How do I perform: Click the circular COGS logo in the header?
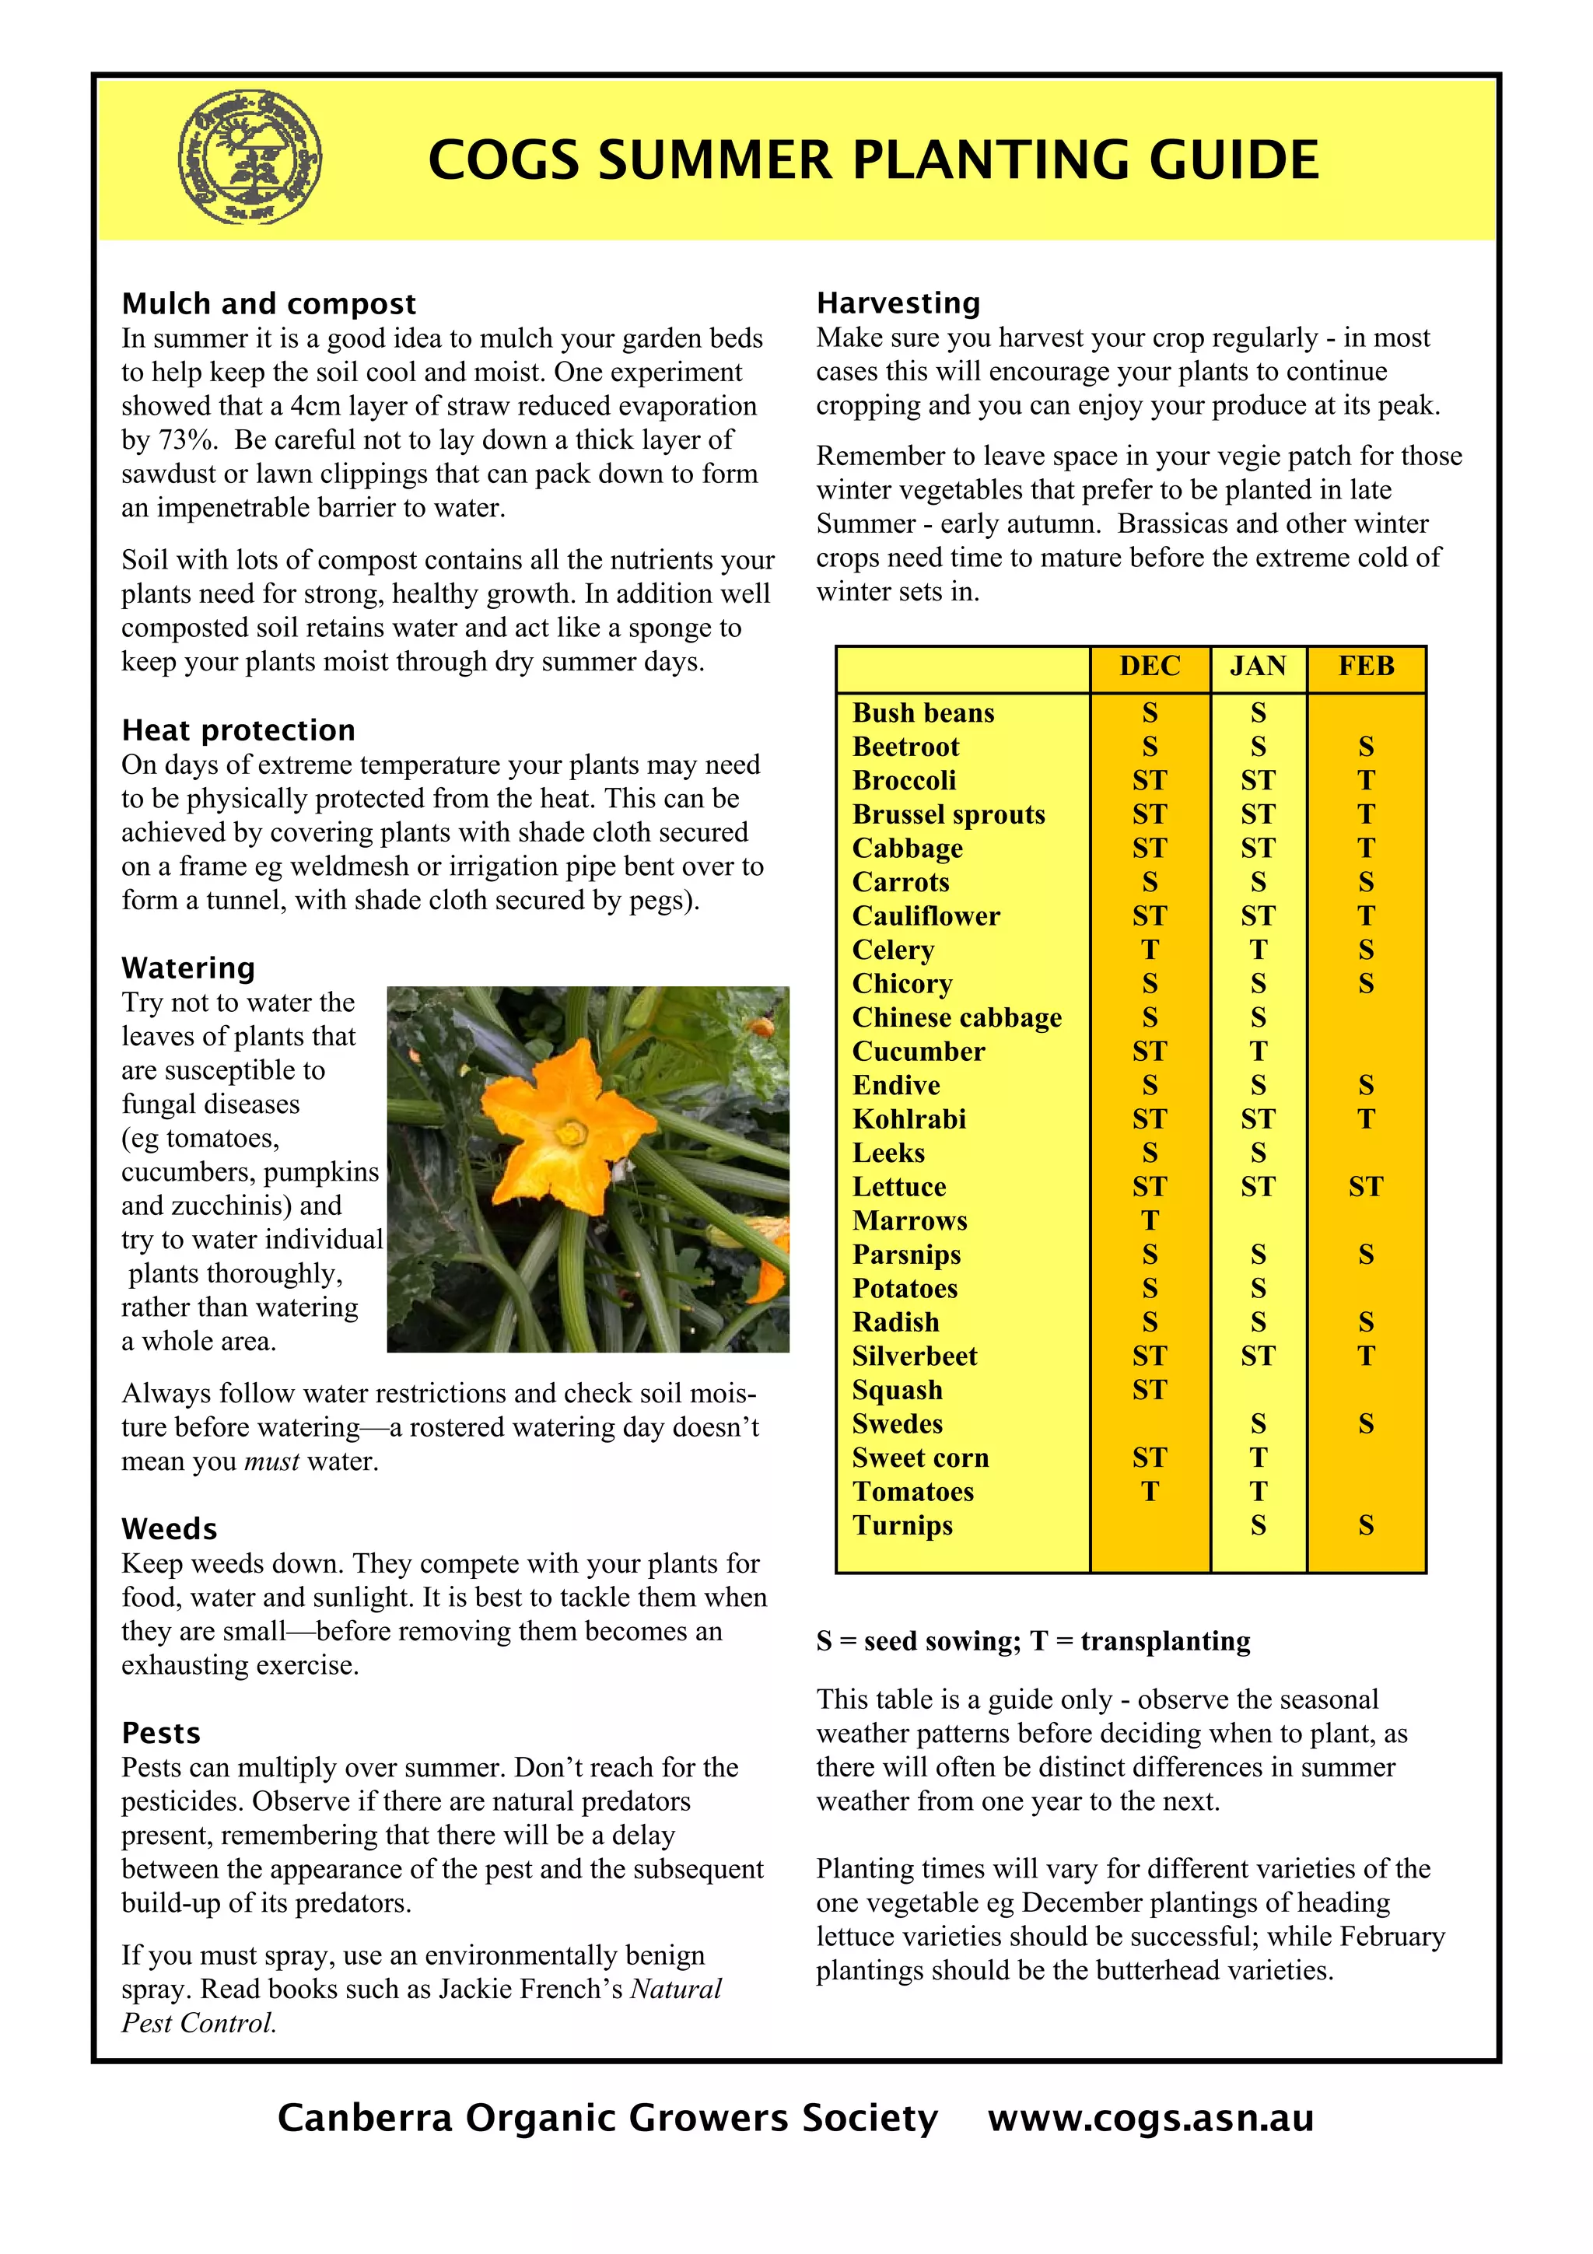(x=250, y=157)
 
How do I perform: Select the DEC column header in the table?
(x=1150, y=667)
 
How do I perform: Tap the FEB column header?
(x=1365, y=667)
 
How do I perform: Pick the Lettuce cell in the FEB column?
(x=1365, y=1187)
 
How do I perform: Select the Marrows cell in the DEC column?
(x=1150, y=1221)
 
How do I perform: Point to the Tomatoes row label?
(x=913, y=1493)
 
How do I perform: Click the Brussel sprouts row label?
(x=948, y=815)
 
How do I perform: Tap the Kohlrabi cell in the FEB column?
(x=1365, y=1119)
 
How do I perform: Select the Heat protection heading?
(x=239, y=730)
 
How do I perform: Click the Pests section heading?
(x=161, y=1734)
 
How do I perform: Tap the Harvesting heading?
(x=898, y=303)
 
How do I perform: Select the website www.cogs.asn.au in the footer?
(x=1150, y=2119)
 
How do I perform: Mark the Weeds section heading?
(x=170, y=1529)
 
